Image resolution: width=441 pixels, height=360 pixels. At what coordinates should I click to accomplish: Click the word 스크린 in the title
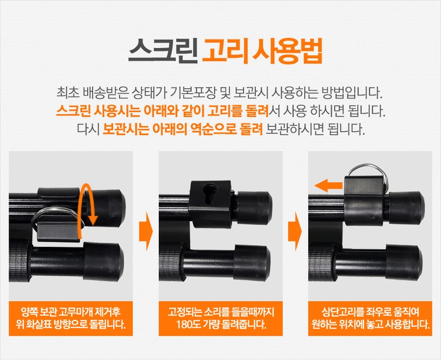(163, 50)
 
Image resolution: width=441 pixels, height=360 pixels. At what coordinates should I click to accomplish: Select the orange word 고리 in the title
(225, 50)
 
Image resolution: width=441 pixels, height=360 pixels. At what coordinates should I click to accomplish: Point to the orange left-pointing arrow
(328, 185)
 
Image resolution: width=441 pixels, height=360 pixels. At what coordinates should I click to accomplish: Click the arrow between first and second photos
(146, 232)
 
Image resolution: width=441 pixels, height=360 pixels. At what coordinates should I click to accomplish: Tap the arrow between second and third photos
(295, 232)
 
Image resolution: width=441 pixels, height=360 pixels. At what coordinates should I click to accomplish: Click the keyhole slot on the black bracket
(210, 194)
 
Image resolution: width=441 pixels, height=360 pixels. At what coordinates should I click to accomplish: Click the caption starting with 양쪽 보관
(71, 318)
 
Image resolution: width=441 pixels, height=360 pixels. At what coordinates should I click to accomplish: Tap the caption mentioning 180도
(220, 318)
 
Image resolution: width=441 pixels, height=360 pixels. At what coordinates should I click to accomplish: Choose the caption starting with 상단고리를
(370, 318)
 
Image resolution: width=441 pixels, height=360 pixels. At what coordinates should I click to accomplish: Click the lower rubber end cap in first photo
(103, 262)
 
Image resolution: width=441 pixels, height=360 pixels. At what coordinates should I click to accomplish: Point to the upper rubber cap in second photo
(255, 209)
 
